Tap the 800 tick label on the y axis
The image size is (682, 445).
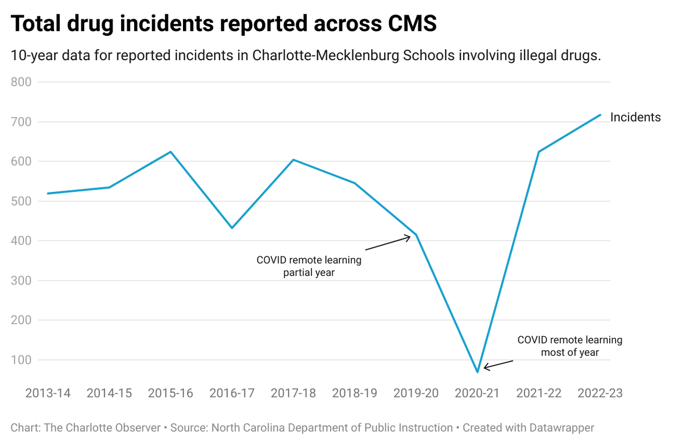coord(22,82)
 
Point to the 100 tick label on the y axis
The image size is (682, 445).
coord(22,360)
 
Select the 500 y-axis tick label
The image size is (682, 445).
coord(22,201)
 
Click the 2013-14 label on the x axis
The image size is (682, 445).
coord(48,393)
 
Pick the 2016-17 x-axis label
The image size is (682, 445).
coord(232,393)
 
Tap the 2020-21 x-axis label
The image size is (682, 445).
coord(477,393)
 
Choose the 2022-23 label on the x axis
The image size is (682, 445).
coord(600,393)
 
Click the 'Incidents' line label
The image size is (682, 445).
coord(635,117)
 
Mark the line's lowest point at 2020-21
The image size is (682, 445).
coord(477,372)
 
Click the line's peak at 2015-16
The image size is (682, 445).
coord(170,152)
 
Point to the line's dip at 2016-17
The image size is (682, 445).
coord(232,228)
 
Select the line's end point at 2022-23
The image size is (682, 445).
coord(600,115)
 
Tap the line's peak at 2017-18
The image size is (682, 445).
coord(293,159)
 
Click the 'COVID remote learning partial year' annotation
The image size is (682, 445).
coord(309,266)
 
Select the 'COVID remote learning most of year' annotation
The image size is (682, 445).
coord(569,346)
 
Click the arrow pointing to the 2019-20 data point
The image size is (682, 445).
coord(388,243)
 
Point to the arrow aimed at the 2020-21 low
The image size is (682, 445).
coord(498,364)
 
